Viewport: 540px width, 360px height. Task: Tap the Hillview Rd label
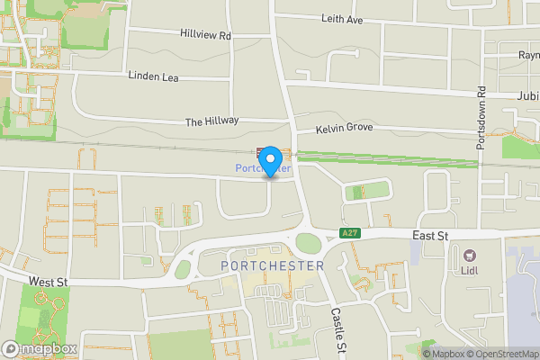click(206, 36)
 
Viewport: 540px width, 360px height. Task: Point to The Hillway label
click(212, 121)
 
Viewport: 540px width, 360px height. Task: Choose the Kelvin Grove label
click(344, 130)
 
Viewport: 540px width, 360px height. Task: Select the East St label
click(429, 234)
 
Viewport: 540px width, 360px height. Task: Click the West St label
click(49, 282)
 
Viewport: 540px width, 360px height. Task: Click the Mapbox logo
click(36, 347)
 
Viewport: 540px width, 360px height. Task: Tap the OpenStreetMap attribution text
click(502, 354)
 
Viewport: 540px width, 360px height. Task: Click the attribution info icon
click(427, 354)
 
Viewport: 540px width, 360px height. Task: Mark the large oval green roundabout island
click(309, 243)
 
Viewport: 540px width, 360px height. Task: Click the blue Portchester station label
click(264, 168)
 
